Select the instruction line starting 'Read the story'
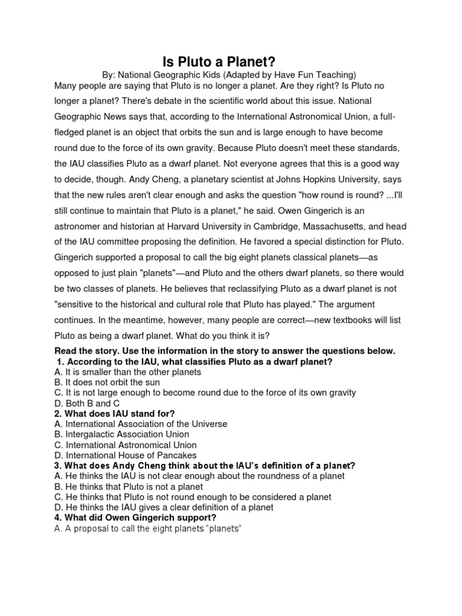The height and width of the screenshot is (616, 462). pos(224,351)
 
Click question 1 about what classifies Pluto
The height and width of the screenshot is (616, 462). pos(194,362)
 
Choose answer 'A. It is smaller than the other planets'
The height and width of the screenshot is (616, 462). pos(128,372)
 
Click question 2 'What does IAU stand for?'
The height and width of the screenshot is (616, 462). pos(114,413)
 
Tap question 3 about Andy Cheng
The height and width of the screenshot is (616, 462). pos(205,466)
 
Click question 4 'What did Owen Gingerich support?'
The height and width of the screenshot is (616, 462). pos(135,517)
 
